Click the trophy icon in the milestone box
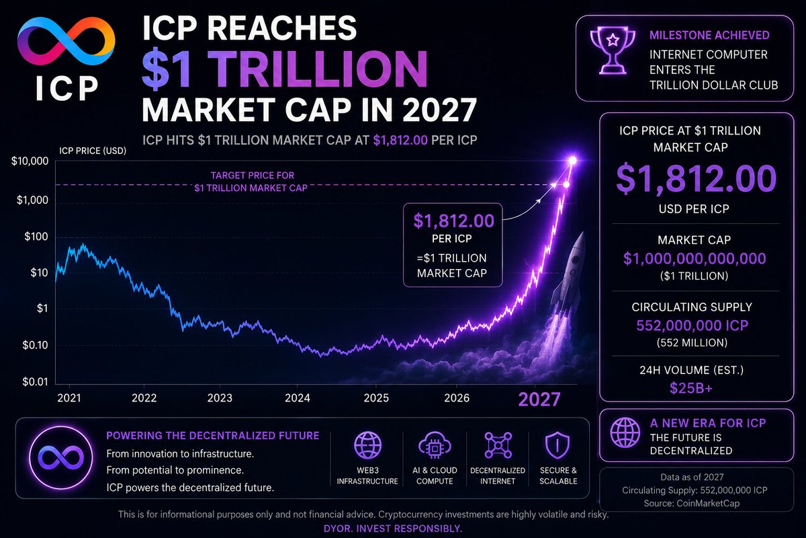pyautogui.click(x=613, y=50)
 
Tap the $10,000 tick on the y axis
pyautogui.click(x=30, y=161)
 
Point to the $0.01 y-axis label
pyautogui.click(x=35, y=381)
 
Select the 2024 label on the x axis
pyautogui.click(x=297, y=398)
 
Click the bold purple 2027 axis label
pyautogui.click(x=539, y=399)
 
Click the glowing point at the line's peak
pyautogui.click(x=572, y=160)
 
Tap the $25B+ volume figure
pyautogui.click(x=691, y=388)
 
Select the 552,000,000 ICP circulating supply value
pyautogui.click(x=692, y=325)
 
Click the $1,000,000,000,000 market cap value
pyautogui.click(x=695, y=259)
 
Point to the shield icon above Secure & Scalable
pyautogui.click(x=557, y=445)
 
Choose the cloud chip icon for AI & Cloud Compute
pyautogui.click(x=435, y=445)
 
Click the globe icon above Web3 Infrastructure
pyautogui.click(x=367, y=445)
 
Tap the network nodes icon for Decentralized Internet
pyautogui.click(x=498, y=445)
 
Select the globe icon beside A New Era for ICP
pyautogui.click(x=625, y=432)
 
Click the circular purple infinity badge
pyautogui.click(x=61, y=458)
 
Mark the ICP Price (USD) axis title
pyautogui.click(x=93, y=151)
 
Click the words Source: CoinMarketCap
pyautogui.click(x=692, y=504)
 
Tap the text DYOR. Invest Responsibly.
pyautogui.click(x=393, y=529)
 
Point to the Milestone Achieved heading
pyautogui.click(x=709, y=36)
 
